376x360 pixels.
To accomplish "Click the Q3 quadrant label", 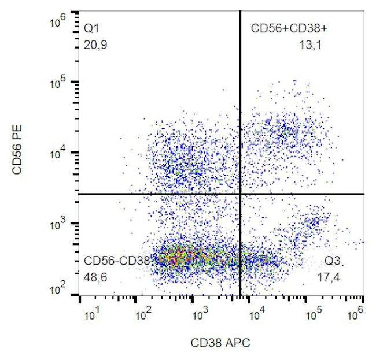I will pos(331,261).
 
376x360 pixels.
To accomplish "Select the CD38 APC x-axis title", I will pos(220,343).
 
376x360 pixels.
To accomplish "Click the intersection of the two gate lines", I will pos(240,194).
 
